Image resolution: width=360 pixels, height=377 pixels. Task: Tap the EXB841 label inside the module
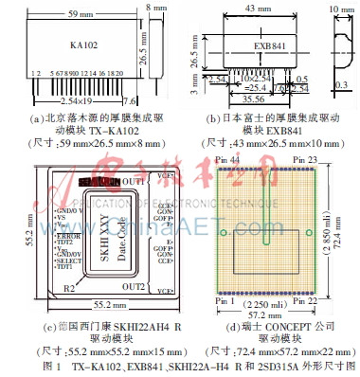coord(253,44)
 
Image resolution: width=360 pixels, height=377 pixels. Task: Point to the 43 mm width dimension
coord(252,9)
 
